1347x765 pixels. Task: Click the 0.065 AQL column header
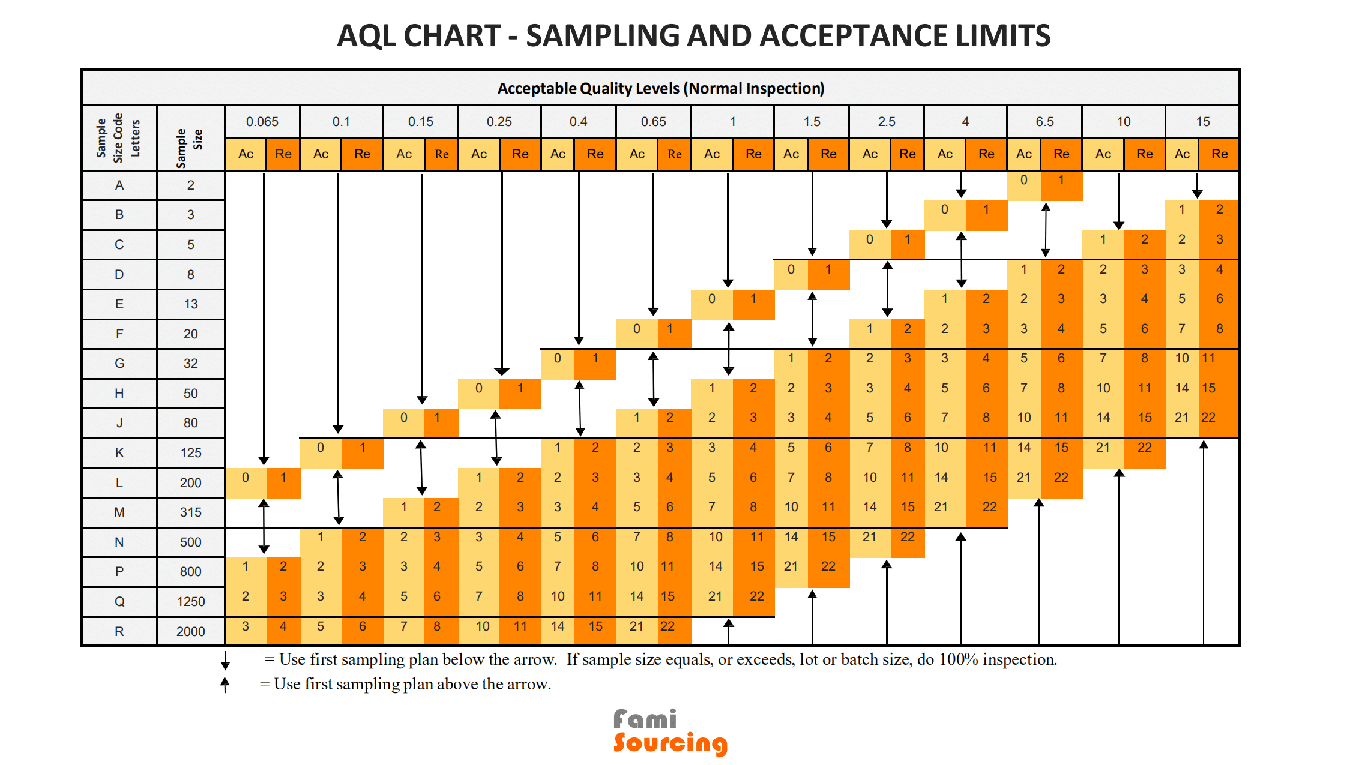262,122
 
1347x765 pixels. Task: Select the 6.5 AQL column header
1044,122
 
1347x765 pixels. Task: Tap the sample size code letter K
119,453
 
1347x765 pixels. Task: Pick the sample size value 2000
190,631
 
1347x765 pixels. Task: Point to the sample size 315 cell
190,512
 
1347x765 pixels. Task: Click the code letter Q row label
119,601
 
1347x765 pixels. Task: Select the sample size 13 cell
190,304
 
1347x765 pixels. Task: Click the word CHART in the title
451,36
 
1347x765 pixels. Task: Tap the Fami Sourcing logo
670,732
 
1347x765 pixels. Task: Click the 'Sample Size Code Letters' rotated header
118,138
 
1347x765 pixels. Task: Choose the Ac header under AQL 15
1182,154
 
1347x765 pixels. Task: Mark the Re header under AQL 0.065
283,154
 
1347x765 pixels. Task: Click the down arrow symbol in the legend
225,660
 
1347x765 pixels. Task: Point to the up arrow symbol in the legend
225,685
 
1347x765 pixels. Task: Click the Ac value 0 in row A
1023,180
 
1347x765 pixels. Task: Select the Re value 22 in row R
667,626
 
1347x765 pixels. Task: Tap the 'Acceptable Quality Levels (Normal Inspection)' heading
660,89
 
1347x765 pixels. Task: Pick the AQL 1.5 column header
812,122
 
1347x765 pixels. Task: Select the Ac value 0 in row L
246,478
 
